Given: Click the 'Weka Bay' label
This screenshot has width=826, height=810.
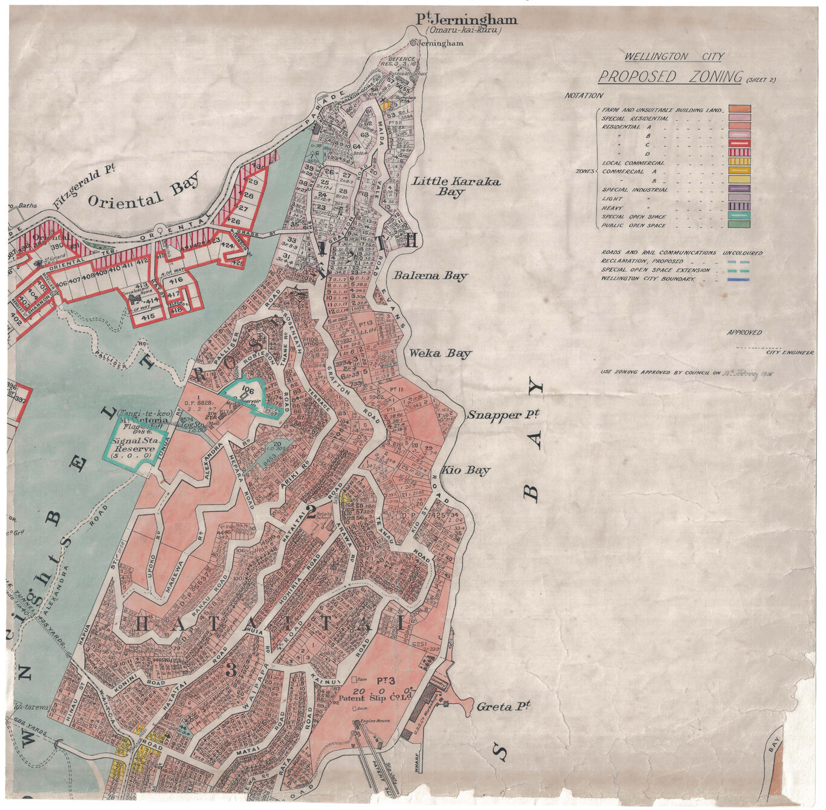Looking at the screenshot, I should click(440, 353).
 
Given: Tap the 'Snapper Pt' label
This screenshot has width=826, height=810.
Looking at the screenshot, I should click(494, 415).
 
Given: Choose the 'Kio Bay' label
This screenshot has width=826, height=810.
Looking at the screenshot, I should click(465, 470).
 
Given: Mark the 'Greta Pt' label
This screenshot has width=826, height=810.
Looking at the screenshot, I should click(503, 706).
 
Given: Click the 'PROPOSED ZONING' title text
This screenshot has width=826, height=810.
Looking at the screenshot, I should click(670, 77).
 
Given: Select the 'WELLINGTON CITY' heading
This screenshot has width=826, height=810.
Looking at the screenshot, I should click(674, 57).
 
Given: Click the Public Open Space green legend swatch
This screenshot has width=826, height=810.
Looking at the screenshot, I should click(739, 225).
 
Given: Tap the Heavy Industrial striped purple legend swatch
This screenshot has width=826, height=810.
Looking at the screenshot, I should click(739, 207).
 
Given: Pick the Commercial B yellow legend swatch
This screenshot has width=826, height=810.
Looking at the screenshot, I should click(739, 180).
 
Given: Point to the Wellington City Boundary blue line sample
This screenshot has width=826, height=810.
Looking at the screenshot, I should click(739, 280).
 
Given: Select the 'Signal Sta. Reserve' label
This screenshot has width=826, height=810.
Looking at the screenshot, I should click(136, 445).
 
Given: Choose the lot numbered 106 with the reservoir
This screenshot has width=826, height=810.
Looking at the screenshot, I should click(246, 388).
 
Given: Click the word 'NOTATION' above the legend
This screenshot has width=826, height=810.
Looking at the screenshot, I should click(584, 96).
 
